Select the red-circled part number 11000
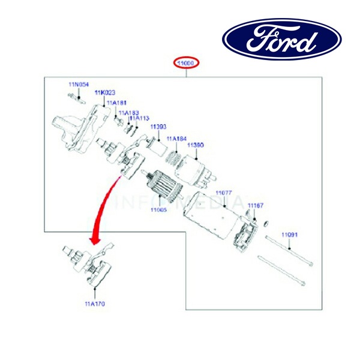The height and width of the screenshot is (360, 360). (x=187, y=63)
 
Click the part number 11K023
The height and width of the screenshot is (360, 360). (x=105, y=93)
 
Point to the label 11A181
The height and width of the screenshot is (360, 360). (x=117, y=103)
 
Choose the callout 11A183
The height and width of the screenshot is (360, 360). (x=128, y=112)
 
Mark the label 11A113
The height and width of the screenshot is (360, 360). (x=140, y=118)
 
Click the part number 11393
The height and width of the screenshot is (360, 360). (x=158, y=127)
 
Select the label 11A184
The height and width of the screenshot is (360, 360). (x=177, y=139)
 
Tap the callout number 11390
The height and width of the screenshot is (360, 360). (x=196, y=145)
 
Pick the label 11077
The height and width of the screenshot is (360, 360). (x=224, y=193)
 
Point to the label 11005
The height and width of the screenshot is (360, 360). (x=159, y=210)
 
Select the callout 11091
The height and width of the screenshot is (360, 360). (x=290, y=235)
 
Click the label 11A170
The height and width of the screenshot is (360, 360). (x=95, y=304)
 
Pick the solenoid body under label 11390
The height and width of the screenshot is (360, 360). (x=196, y=166)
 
